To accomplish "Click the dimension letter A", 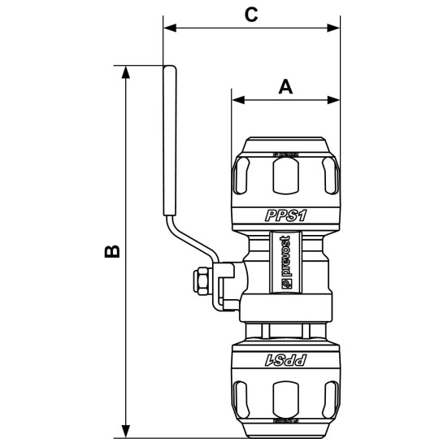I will (x=285, y=86).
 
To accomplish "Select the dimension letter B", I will (x=114, y=250).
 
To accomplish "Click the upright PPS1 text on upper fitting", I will (x=285, y=215).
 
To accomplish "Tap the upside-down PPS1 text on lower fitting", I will (x=285, y=359).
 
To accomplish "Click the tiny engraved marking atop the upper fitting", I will (x=285, y=152).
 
